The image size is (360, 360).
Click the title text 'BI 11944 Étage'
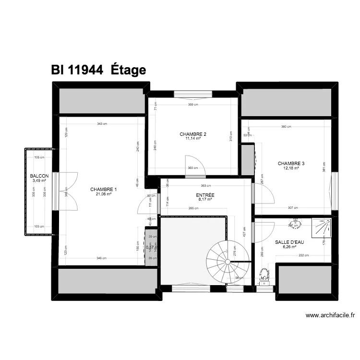coord(98,70)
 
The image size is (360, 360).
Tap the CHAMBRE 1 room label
coord(104,189)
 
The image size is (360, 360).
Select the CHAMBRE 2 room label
coord(193,134)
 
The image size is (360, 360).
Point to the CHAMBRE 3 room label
coord(291,163)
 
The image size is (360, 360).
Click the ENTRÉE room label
coord(205,195)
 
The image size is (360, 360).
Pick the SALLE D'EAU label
coord(289,242)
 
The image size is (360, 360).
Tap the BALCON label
coord(39,176)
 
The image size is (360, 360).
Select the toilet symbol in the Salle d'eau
coord(264,276)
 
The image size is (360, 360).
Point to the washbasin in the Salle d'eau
coord(295,223)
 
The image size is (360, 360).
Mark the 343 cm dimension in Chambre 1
coord(102,124)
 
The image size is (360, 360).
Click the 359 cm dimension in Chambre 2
coord(193,104)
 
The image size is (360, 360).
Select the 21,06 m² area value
coord(104,194)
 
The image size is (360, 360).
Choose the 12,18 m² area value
coord(291,168)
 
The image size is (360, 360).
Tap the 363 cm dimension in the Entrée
coord(205,185)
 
